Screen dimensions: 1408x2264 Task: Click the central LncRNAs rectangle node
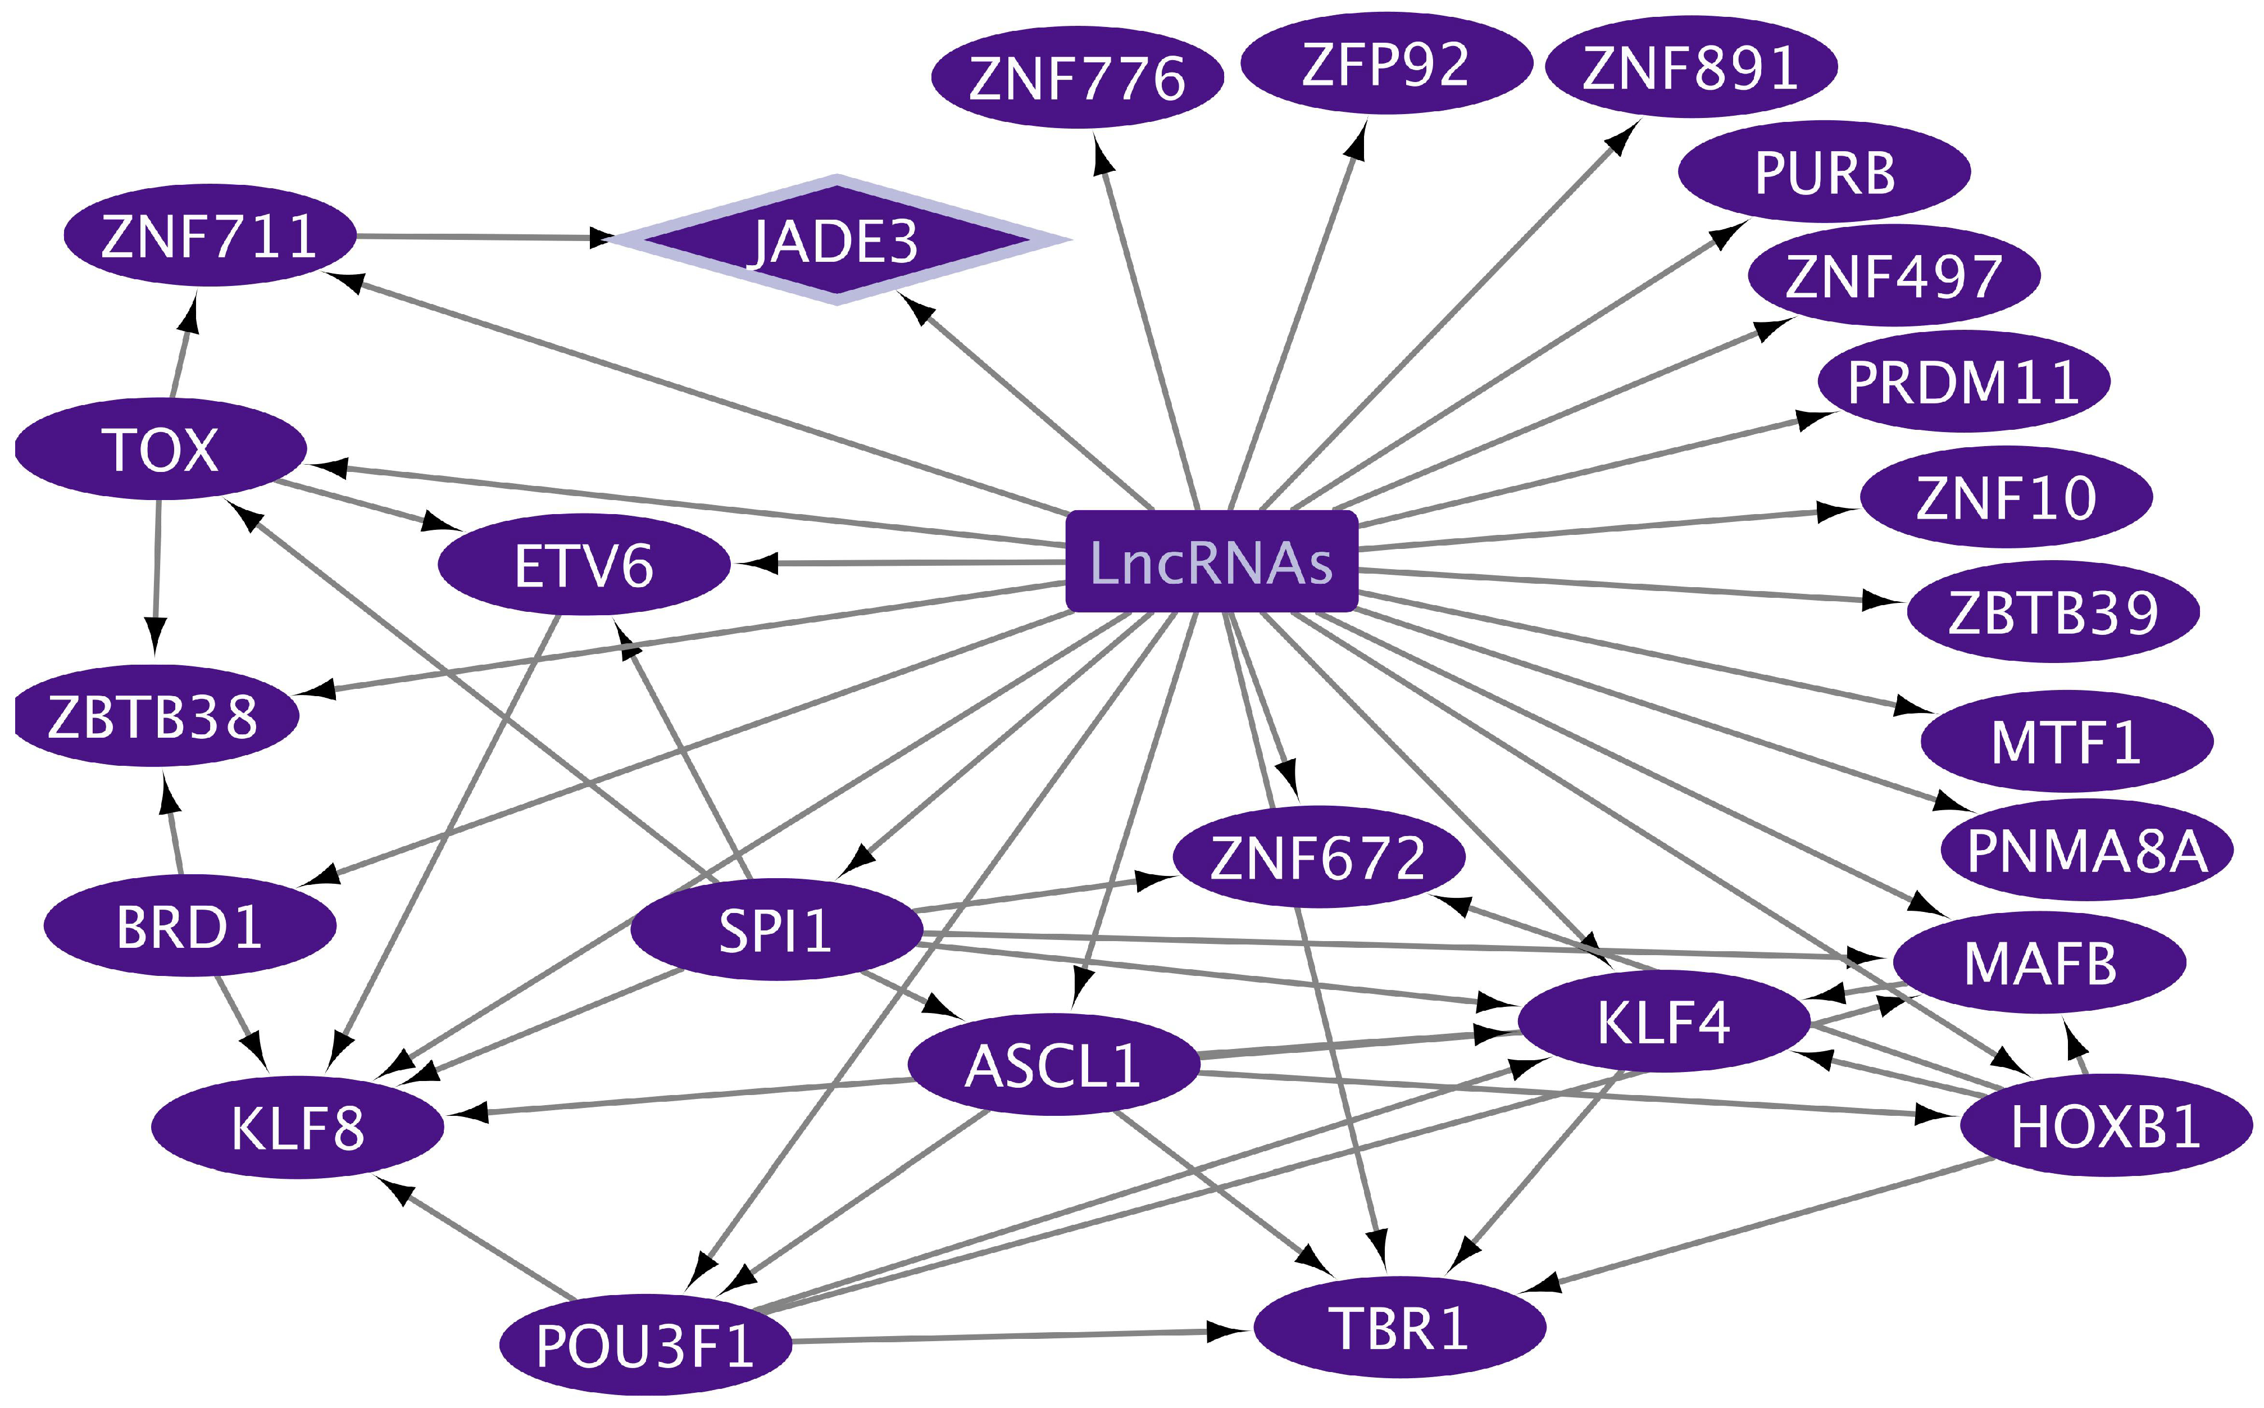pyautogui.click(x=1211, y=561)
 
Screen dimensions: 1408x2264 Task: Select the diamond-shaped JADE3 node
pyautogui.click(x=836, y=240)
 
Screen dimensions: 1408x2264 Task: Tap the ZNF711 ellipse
pyautogui.click(x=210, y=235)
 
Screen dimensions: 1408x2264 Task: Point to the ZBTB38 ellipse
pyautogui.click(x=153, y=716)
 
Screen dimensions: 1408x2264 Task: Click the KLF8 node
pyautogui.click(x=297, y=1128)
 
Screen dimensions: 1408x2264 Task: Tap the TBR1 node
pyautogui.click(x=1399, y=1327)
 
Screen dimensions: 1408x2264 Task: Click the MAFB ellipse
pyautogui.click(x=2039, y=962)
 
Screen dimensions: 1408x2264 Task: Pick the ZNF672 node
pyautogui.click(x=1318, y=857)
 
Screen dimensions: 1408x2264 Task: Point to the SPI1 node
pyautogui.click(x=775, y=929)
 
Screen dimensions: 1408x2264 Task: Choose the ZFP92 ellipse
pyautogui.click(x=1386, y=63)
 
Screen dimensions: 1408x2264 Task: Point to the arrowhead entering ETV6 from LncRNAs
pyautogui.click(x=756, y=564)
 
